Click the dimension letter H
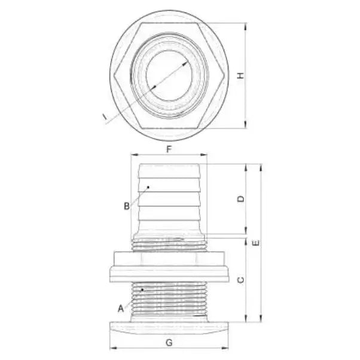tap(240, 75)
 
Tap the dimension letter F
tap(169, 149)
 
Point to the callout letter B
tap(127, 206)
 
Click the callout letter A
tap(121, 309)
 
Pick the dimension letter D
tap(240, 199)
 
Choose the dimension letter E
tap(255, 243)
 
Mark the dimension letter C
tap(240, 279)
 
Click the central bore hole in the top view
tap(169, 76)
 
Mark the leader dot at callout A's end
tap(142, 289)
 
